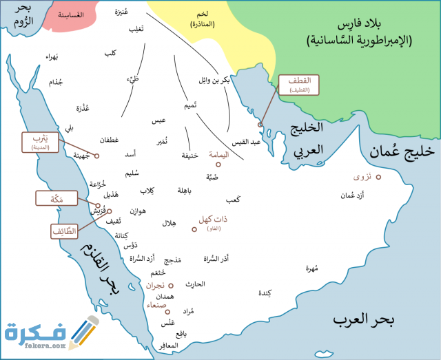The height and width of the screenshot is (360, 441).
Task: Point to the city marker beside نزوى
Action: point(378,177)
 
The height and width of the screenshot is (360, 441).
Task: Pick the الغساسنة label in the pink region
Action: point(70,14)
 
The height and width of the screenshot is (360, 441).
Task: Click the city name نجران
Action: point(155,284)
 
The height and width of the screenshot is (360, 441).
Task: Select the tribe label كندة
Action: point(264,293)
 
